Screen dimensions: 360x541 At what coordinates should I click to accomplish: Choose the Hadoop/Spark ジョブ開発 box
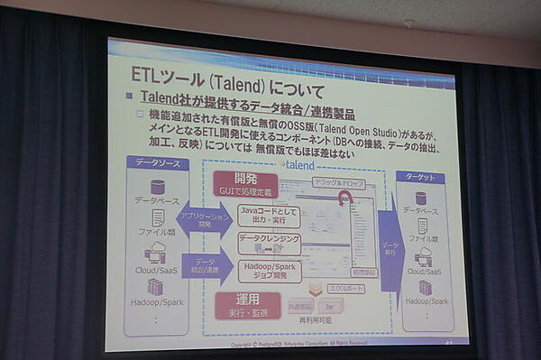pyautogui.click(x=268, y=271)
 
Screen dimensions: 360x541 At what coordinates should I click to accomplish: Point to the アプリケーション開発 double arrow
pyautogui.click(x=203, y=220)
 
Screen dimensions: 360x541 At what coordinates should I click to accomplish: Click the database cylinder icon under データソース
pyautogui.click(x=158, y=186)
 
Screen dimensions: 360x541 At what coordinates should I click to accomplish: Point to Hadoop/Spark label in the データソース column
pyautogui.click(x=156, y=304)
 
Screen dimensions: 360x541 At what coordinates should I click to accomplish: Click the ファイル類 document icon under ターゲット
pyautogui.click(x=421, y=226)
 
